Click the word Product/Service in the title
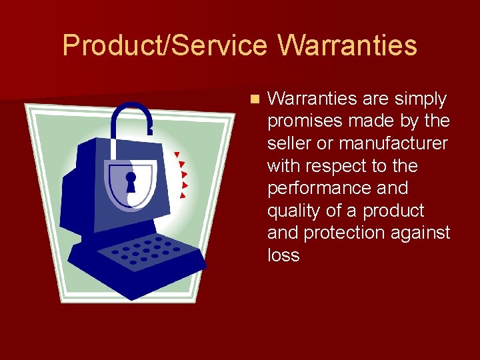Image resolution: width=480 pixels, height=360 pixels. click(x=165, y=46)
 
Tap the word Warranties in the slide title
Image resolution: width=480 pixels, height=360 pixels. click(x=347, y=46)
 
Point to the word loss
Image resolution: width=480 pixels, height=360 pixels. click(x=283, y=255)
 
